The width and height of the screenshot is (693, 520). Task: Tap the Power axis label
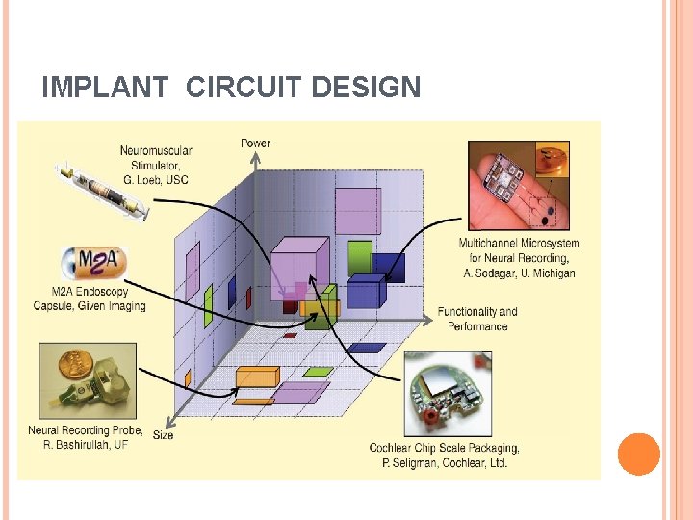(x=255, y=143)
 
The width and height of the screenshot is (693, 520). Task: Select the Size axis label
(x=164, y=435)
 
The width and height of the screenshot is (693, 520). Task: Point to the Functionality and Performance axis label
(x=477, y=319)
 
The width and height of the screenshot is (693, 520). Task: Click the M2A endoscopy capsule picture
(x=92, y=262)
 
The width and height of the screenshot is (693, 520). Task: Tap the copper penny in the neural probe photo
(x=71, y=367)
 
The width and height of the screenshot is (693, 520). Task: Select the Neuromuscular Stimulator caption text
(x=156, y=163)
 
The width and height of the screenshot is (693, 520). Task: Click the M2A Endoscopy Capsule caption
(x=90, y=299)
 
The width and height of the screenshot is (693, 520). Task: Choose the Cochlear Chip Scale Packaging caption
(x=444, y=455)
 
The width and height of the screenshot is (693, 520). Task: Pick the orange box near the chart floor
(x=257, y=377)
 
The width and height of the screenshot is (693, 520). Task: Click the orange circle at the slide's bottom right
(x=638, y=455)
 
